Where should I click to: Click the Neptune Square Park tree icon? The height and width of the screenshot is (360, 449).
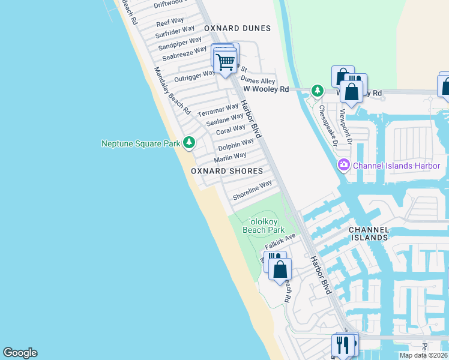tap(190, 142)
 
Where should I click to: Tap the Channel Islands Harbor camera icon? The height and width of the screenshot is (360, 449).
tap(344, 164)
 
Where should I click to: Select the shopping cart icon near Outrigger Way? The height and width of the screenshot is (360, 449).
tap(225, 61)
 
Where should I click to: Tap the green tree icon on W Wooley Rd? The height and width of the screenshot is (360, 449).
tap(317, 91)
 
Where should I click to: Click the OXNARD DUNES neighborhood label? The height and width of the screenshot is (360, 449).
tap(237, 28)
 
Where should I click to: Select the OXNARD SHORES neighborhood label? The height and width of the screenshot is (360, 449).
tap(227, 171)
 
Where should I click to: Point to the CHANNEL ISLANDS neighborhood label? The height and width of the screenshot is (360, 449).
tap(369, 234)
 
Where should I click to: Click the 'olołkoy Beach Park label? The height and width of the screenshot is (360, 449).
tap(263, 226)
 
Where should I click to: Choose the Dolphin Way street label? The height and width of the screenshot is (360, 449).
tap(236, 145)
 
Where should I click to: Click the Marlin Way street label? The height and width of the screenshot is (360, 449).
tap(231, 156)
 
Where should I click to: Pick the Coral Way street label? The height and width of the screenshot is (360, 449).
tap(231, 129)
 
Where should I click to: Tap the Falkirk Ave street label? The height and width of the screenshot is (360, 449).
tap(281, 242)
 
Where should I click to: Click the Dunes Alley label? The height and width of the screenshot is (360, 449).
tap(258, 80)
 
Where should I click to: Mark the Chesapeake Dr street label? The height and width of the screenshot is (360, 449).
tap(328, 125)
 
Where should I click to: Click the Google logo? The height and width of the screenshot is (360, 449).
tap(20, 353)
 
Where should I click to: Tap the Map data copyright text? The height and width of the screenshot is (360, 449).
tap(423, 355)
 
